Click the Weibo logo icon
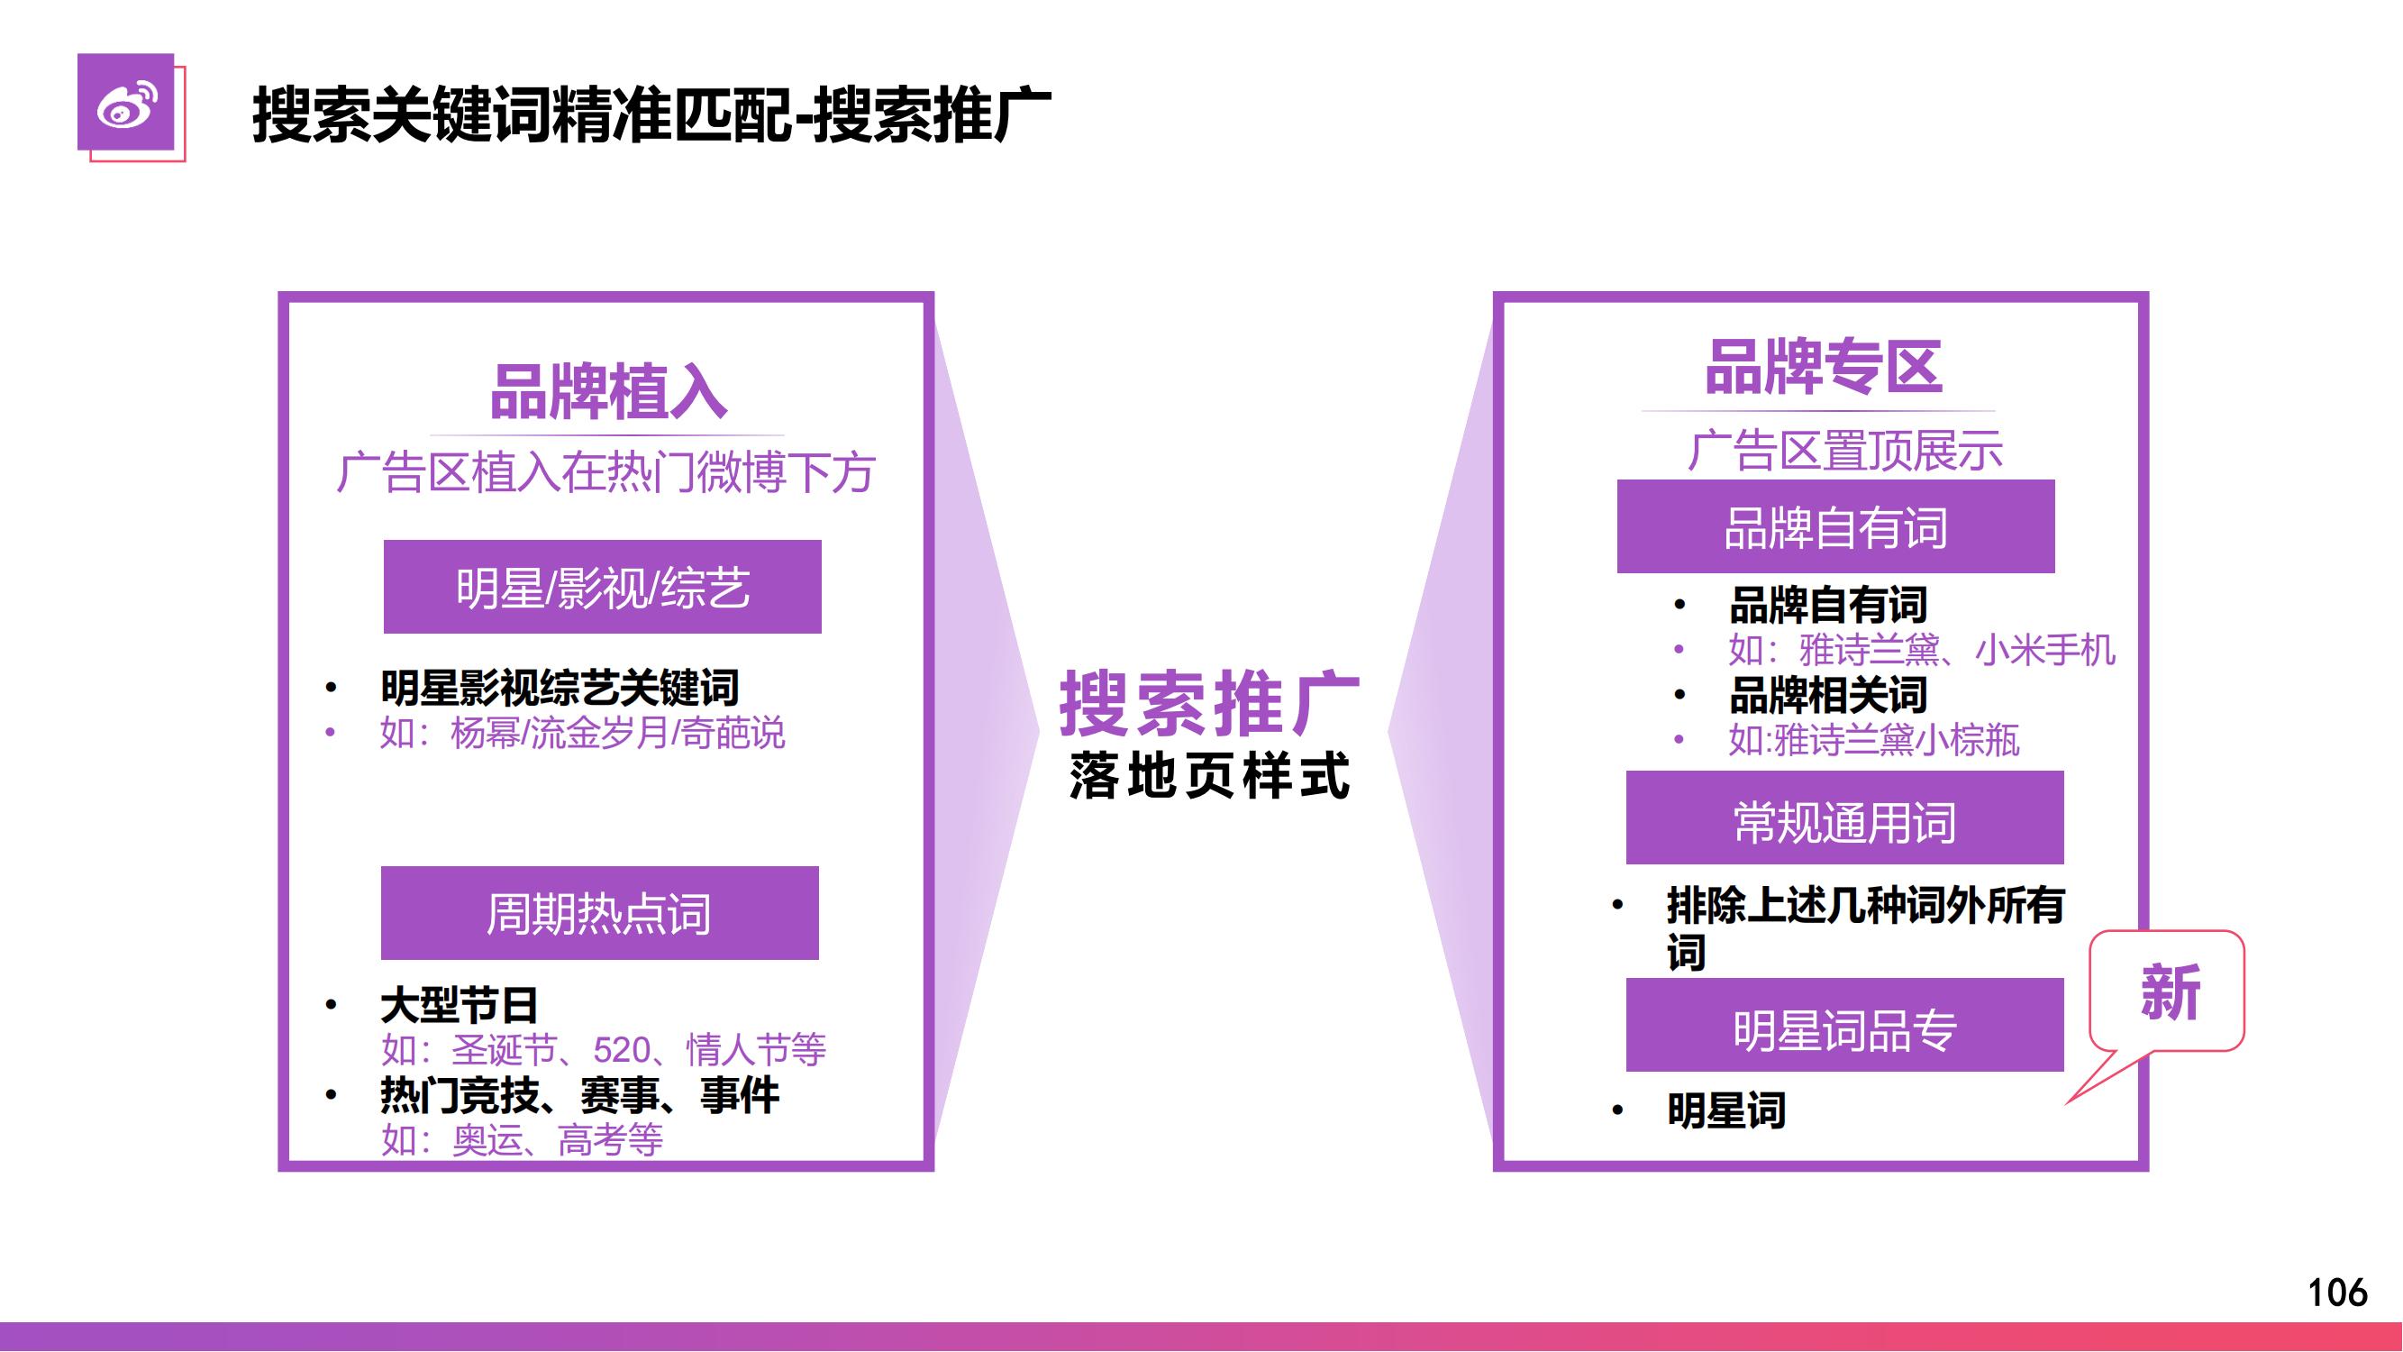pyautogui.click(x=126, y=102)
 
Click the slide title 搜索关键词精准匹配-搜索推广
pyautogui.click(x=652, y=115)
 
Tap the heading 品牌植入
pyautogui.click(x=608, y=392)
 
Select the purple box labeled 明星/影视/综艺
pyautogui.click(x=603, y=587)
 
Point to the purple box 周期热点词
pyautogui.click(x=600, y=912)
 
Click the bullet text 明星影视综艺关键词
pyautogui.click(x=560, y=689)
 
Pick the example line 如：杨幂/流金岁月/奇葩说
pyautogui.click(x=582, y=734)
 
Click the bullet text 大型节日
pyautogui.click(x=459, y=1006)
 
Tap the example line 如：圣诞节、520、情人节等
pyautogui.click(x=604, y=1051)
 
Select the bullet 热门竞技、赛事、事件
pyautogui.click(x=580, y=1095)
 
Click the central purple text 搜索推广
pyautogui.click(x=1210, y=705)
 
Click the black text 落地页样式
pyautogui.click(x=1210, y=775)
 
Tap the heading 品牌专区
pyautogui.click(x=1824, y=367)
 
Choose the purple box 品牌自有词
pyautogui.click(x=1836, y=526)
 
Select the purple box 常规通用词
pyautogui.click(x=1845, y=818)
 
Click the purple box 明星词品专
pyautogui.click(x=1845, y=1025)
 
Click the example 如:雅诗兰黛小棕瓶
pyautogui.click(x=1873, y=740)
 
